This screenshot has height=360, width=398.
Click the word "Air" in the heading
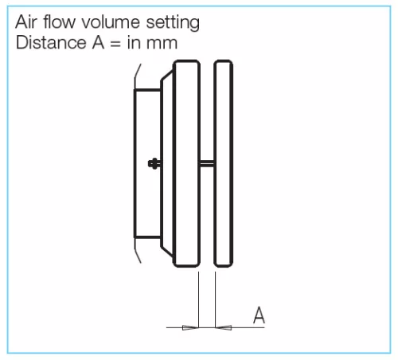pos(25,22)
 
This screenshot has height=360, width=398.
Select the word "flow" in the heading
pos(59,22)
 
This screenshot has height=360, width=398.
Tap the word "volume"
pos(111,22)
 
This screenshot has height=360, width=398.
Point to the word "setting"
pos(173,23)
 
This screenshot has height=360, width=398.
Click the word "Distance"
pos(51,42)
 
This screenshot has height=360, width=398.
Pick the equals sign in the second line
pos(115,44)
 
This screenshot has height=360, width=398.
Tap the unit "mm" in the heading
pos(162,44)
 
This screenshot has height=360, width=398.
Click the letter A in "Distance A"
pos(98,42)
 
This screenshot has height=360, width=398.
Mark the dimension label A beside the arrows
pos(259,315)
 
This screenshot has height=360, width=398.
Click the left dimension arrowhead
pos(190,327)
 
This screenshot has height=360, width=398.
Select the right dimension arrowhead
pos(224,327)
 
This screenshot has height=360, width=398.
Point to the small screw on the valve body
pos(154,163)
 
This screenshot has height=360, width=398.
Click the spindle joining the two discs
pos(207,163)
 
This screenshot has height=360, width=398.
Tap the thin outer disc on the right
pos(224,163)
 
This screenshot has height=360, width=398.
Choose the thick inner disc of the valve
pos(186,163)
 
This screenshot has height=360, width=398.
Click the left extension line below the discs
pos(199,299)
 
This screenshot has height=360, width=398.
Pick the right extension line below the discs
pos(215,299)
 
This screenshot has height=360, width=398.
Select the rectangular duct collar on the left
pos(147,163)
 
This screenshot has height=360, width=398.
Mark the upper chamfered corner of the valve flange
pos(167,75)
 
